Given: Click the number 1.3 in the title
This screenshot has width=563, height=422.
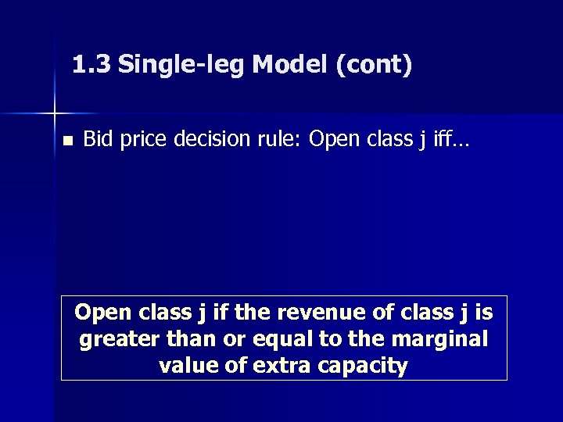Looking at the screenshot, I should pyautogui.click(x=91, y=65).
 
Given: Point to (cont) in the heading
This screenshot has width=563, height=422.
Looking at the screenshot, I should pyautogui.click(x=374, y=66).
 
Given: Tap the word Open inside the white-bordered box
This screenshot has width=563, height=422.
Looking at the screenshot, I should pyautogui.click(x=103, y=313).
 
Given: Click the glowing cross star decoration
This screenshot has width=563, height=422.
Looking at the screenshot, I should pyautogui.click(x=54, y=113).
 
